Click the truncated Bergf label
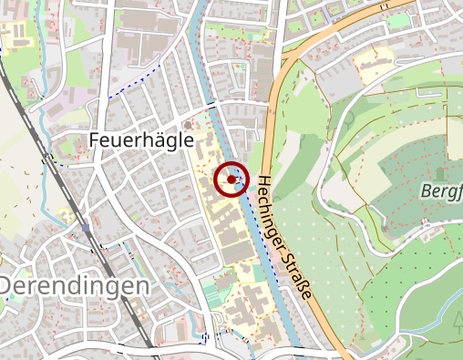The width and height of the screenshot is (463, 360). point(442,191)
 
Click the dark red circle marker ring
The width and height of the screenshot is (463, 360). point(231,164)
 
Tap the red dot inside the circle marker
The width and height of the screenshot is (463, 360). point(231,180)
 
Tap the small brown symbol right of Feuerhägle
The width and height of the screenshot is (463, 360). point(189,125)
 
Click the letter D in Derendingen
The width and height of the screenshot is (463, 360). point(7,286)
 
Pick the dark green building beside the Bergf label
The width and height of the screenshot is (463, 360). point(441,171)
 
